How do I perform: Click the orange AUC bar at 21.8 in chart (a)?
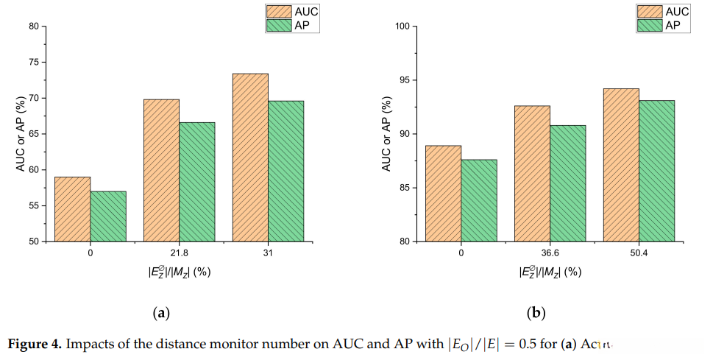coord(161,170)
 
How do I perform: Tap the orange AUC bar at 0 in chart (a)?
coord(72,209)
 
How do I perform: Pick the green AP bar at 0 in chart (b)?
coord(479,200)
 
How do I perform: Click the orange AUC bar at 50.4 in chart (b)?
coord(621,165)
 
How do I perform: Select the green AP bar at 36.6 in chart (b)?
coord(568,183)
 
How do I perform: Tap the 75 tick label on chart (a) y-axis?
coord(33,63)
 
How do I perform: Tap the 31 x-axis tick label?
coord(268,253)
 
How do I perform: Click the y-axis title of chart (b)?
coord(386,134)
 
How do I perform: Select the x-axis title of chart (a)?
coord(179,272)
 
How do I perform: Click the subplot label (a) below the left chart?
coord(161,313)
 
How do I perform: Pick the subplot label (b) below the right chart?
coord(536,313)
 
